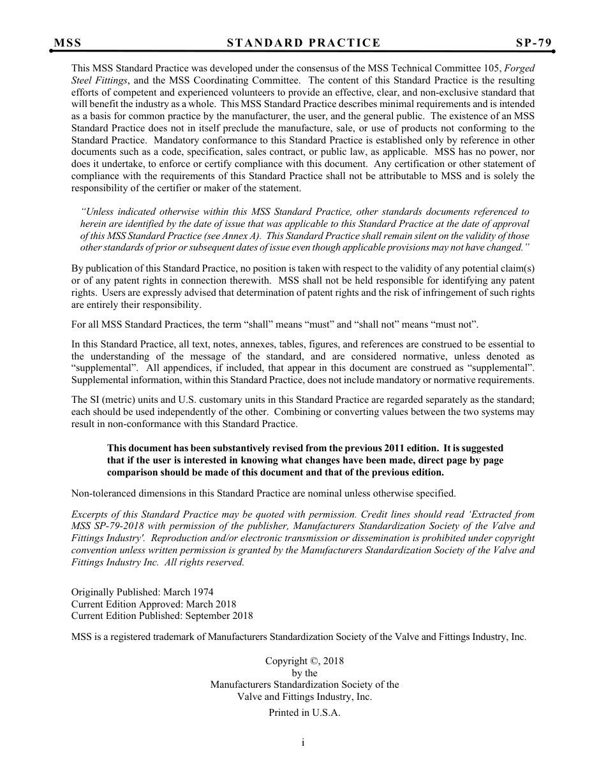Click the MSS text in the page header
pos(68,43)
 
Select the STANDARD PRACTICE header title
pos(304,43)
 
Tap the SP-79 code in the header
pos(534,43)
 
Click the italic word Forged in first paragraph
pos(520,68)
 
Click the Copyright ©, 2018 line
pos(304,661)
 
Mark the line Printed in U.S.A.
pos(304,713)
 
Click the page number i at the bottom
pos(303,743)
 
